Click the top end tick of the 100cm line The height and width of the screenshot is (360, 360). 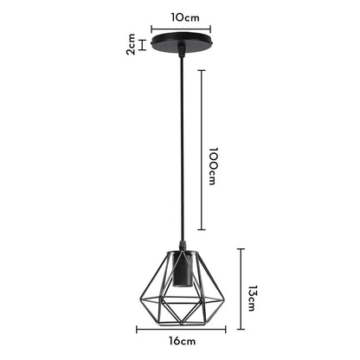(x=202, y=69)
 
